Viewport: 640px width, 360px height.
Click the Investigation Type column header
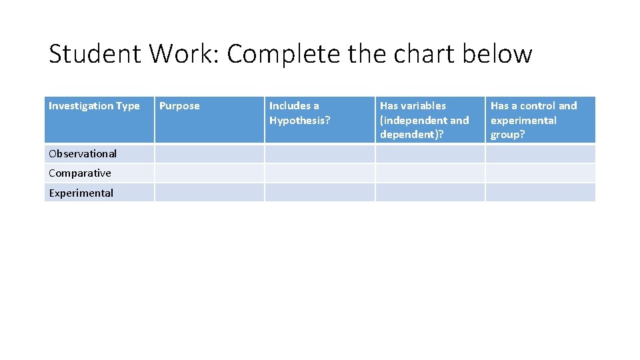click(x=94, y=106)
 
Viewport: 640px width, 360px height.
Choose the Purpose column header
click(x=179, y=106)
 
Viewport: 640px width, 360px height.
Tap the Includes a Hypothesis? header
click(x=299, y=113)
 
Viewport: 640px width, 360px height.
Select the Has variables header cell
click(x=424, y=120)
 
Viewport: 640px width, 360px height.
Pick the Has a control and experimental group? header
click(x=533, y=120)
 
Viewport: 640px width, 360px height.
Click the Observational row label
click(x=83, y=154)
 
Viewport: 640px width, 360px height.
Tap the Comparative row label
click(x=80, y=173)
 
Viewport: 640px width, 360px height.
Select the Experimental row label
click(x=81, y=193)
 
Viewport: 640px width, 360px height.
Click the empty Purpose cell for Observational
click(x=209, y=154)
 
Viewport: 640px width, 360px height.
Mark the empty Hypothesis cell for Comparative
click(x=319, y=173)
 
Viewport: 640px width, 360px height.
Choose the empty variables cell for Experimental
click(x=429, y=193)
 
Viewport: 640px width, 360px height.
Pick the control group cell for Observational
click(x=540, y=154)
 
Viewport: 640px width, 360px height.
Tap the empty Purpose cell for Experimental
click(x=209, y=193)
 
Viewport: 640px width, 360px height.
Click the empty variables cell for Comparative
click(x=429, y=173)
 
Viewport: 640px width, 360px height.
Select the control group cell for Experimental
click(x=540, y=193)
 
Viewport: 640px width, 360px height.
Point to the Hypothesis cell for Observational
click(x=319, y=154)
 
